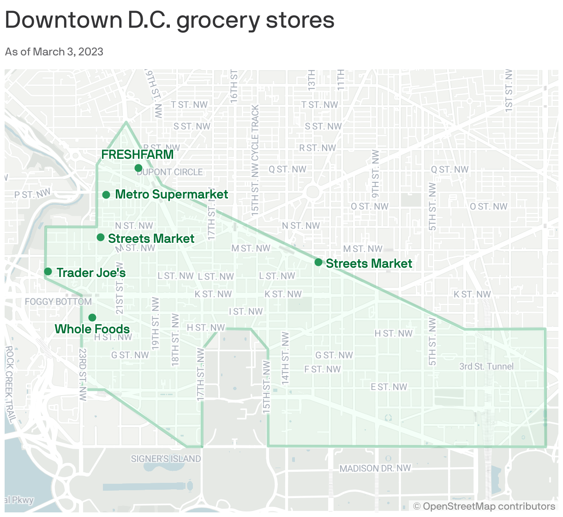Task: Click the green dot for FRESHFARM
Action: click(x=138, y=168)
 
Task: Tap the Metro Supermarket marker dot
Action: click(x=106, y=195)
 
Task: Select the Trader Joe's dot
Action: click(x=48, y=271)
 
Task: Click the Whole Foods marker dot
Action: click(x=92, y=318)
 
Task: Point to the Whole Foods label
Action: click(x=92, y=329)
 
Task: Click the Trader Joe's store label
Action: click(x=91, y=273)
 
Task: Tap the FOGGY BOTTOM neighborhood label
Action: click(x=58, y=302)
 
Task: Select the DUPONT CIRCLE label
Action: click(x=170, y=172)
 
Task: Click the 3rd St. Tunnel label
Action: click(x=486, y=367)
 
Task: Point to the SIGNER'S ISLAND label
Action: click(x=166, y=459)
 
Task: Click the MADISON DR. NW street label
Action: click(x=375, y=469)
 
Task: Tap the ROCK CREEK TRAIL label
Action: click(x=10, y=384)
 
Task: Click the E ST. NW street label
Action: click(x=389, y=387)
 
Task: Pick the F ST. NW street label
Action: click(x=323, y=369)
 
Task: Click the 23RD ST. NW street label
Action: click(x=83, y=374)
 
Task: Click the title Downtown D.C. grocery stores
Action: click(x=169, y=20)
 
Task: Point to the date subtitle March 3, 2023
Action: click(x=54, y=51)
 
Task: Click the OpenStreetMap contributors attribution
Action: click(x=485, y=506)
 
